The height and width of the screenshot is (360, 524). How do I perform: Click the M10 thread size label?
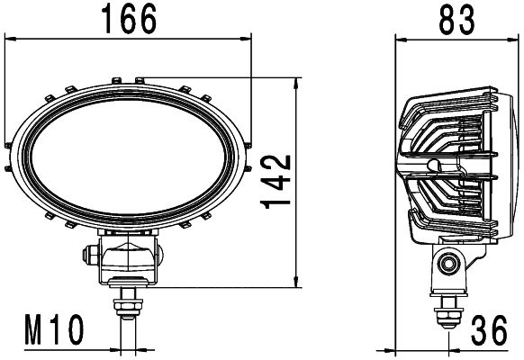coord(53,330)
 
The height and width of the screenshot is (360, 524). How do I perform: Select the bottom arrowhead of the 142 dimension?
coord(298,283)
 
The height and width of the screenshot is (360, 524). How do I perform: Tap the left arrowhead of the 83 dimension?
coord(402,38)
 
